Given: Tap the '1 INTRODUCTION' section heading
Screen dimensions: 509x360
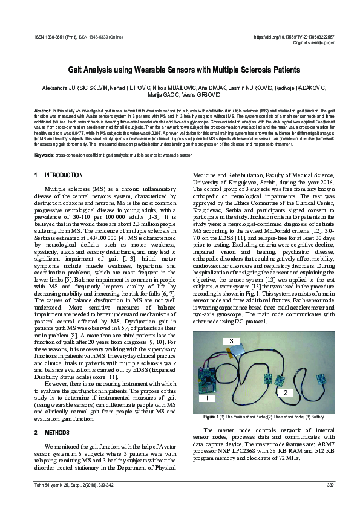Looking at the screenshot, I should click(x=59, y=175).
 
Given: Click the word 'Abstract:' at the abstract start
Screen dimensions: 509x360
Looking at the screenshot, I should click(x=43, y=111).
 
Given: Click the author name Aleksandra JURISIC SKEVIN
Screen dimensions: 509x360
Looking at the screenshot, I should click(x=71, y=88).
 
